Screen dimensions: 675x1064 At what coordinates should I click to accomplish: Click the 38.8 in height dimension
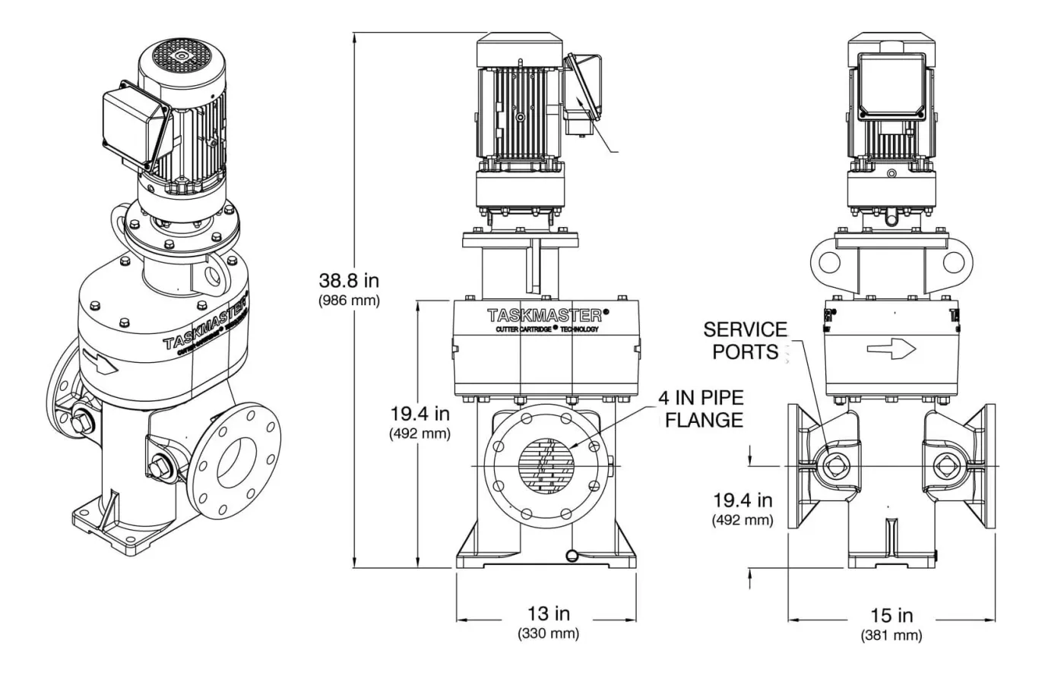348,280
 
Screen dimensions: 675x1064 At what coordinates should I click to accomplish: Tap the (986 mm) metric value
348,300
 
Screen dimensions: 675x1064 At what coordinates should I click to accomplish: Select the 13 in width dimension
548,613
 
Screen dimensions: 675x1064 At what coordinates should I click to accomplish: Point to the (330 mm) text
548,632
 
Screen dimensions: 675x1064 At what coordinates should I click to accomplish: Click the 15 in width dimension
891,615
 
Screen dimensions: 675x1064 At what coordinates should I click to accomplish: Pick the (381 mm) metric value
891,635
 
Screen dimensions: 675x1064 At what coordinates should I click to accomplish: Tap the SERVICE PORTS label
745,340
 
